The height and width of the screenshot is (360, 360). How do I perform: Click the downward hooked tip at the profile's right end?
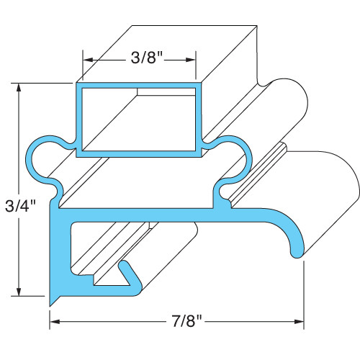(x=295, y=248)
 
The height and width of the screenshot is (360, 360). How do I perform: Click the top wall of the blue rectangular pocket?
(x=137, y=85)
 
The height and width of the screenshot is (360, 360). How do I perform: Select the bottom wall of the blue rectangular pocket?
(x=137, y=153)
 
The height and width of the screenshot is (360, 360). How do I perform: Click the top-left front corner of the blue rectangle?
(x=77, y=84)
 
